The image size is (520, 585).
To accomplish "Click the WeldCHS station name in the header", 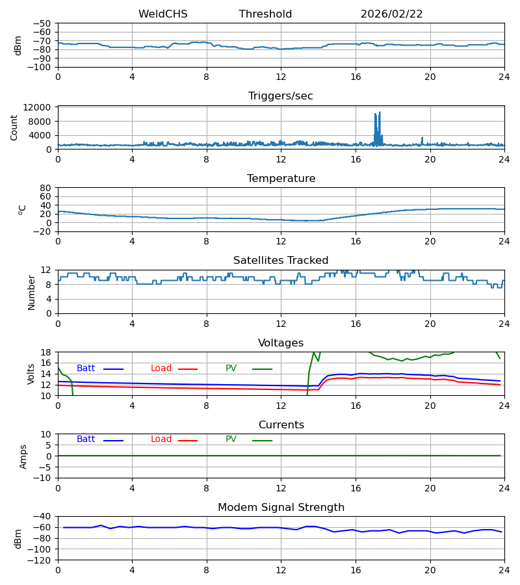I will (162, 14).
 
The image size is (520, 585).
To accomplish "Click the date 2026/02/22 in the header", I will (391, 14).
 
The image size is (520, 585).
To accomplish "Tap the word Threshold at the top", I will (265, 14).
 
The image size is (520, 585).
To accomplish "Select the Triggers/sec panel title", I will (281, 96).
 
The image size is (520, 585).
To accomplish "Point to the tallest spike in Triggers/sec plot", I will (380, 113).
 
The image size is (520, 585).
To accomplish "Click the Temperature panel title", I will (281, 179).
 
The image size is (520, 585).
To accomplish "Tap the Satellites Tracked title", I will (281, 261).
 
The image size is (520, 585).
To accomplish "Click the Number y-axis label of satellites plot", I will (32, 292).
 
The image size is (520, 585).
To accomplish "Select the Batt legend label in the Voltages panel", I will (86, 369).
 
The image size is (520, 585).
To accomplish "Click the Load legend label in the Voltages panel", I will (161, 369).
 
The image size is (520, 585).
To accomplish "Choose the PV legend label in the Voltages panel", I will (231, 369).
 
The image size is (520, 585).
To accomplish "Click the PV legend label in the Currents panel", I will (231, 439).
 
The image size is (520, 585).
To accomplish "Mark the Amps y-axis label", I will (23, 456).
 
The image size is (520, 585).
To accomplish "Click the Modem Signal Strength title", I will (281, 508).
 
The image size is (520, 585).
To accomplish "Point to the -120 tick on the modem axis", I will (40, 560).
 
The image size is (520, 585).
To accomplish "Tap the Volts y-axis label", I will (32, 374).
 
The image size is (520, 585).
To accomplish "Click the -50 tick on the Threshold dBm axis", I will (42, 23).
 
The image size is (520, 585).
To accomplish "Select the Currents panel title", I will (281, 425).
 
